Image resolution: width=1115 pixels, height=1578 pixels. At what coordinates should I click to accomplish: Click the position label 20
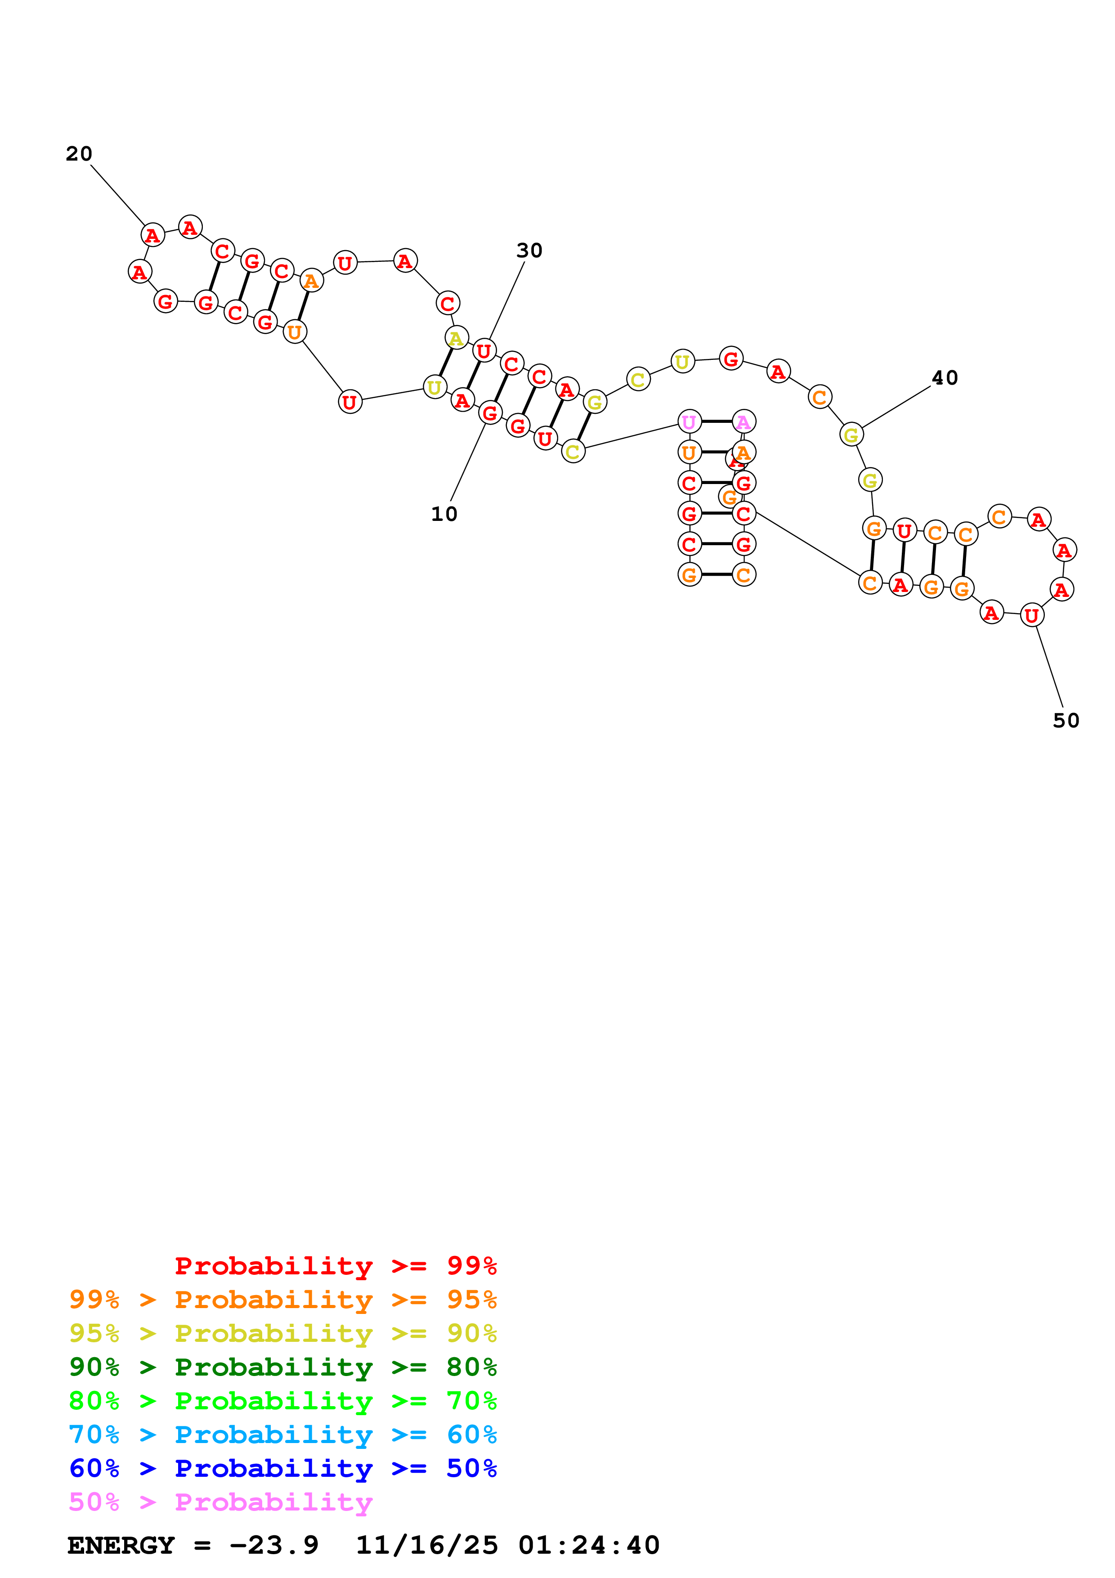pos(79,154)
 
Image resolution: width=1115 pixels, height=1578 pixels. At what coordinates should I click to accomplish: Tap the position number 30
pos(529,251)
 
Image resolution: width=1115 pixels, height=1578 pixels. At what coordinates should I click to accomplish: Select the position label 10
pos(444,514)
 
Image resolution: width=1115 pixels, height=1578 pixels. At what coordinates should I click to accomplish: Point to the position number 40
pos(945,378)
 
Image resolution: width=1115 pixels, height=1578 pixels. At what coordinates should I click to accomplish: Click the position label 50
pos(1066,721)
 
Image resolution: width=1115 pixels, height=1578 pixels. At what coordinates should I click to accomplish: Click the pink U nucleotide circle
pos(689,422)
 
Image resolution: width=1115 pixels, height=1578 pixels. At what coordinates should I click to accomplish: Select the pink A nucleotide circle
pos(744,422)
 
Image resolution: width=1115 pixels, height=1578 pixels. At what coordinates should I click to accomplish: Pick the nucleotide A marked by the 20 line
pos(152,235)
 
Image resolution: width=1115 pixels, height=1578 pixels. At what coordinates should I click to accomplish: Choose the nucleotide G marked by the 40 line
pos(851,435)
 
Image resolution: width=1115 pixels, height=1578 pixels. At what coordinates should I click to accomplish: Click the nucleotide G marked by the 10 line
pos(490,412)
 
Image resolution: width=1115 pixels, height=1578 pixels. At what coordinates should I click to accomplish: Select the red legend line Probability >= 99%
pos(335,1266)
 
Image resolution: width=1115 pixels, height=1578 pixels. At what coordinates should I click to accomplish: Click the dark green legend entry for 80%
pos(282,1367)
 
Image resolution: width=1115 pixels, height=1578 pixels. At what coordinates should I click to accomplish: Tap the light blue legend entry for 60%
pos(282,1435)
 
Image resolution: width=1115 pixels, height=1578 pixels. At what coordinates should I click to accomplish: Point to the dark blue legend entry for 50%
pos(282,1468)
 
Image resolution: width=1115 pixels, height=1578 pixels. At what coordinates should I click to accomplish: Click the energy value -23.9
pos(273,1545)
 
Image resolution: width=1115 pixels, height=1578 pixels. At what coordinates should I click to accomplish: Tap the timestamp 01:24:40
pos(589,1545)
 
